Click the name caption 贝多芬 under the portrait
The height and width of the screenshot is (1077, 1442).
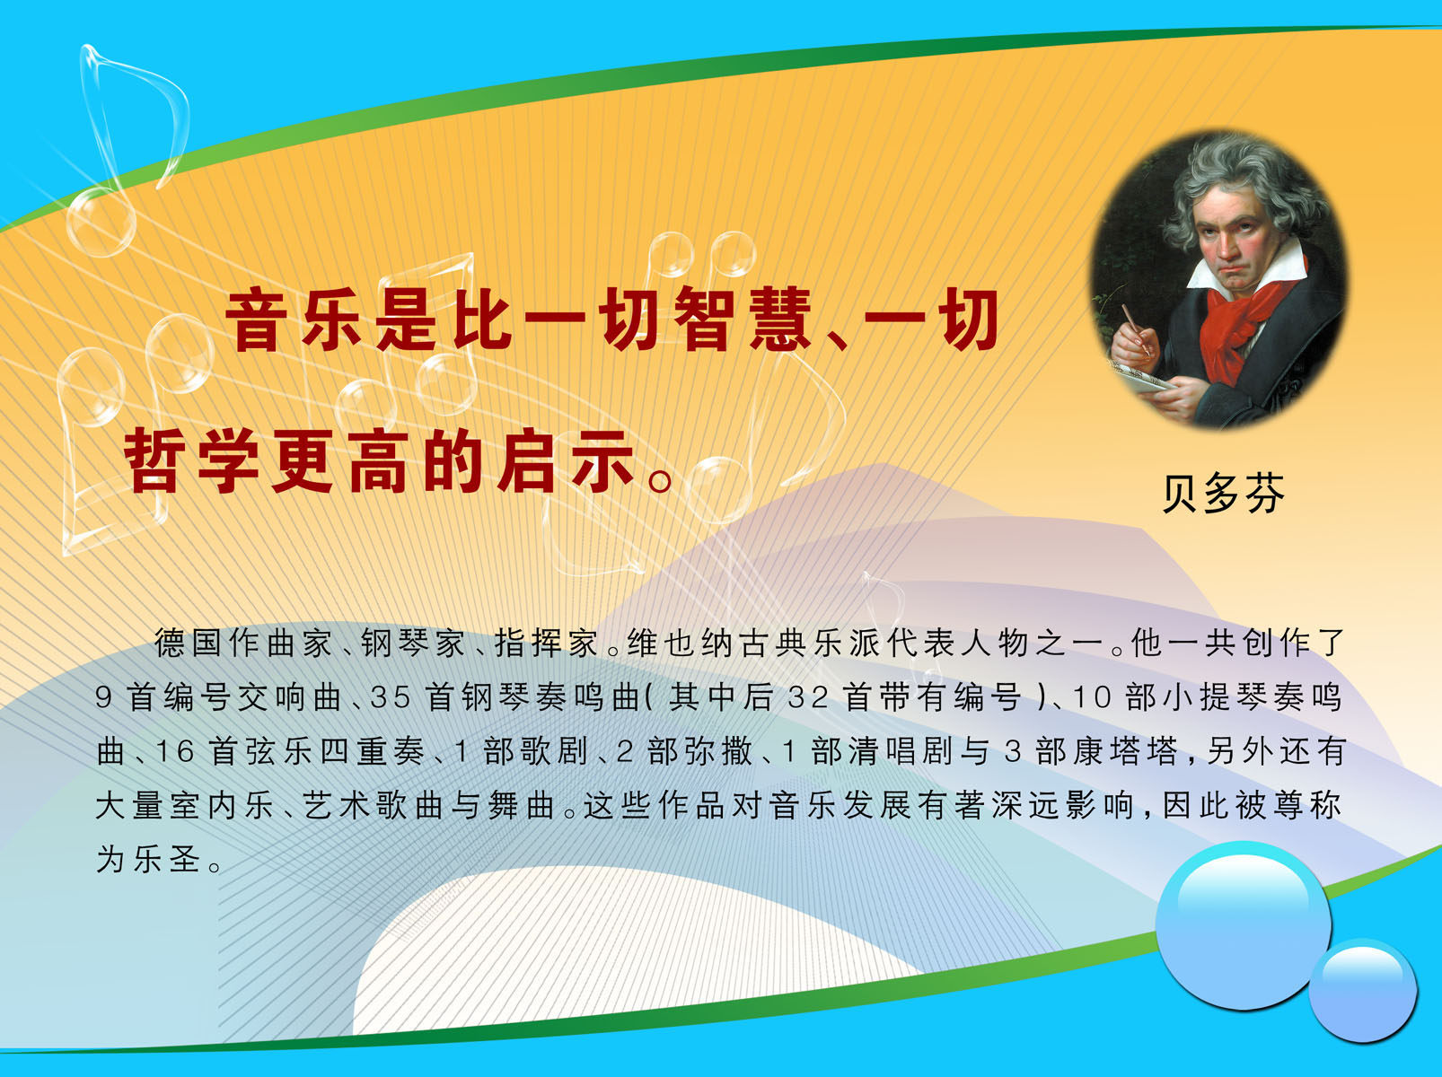[1223, 493]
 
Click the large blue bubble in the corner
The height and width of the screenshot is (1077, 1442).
[1243, 925]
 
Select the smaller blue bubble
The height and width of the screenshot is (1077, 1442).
[1362, 990]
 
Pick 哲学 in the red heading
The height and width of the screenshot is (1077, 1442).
[198, 461]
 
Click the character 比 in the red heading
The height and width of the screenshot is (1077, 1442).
[483, 320]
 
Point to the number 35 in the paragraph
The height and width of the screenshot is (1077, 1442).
[391, 697]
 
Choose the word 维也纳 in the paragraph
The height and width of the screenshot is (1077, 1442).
[682, 643]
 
